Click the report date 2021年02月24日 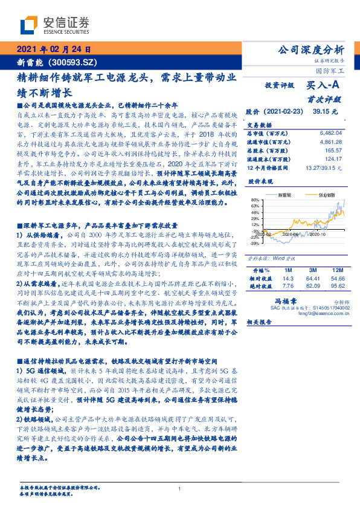(54, 50)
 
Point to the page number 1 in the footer (180, 488)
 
